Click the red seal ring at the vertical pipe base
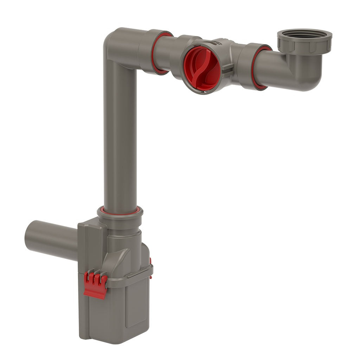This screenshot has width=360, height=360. tap(120, 211)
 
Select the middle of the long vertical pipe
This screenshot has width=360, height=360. tap(120, 137)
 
